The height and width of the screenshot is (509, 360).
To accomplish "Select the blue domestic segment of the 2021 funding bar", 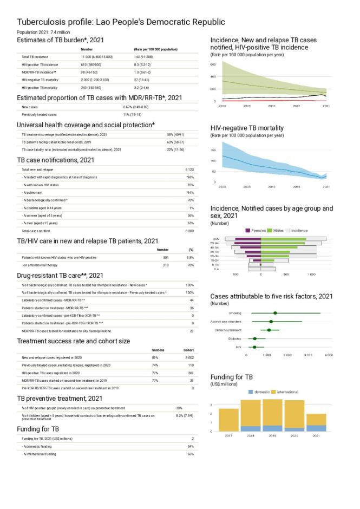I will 316,428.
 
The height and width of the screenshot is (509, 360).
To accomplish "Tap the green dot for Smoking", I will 275,313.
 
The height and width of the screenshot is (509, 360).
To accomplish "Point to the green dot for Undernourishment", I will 269,330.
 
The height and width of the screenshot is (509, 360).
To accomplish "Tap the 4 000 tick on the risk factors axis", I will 328,355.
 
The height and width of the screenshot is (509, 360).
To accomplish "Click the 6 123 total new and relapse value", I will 189,170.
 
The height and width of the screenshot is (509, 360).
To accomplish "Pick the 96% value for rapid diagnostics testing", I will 190,177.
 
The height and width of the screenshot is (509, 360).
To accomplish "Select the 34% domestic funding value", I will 190,446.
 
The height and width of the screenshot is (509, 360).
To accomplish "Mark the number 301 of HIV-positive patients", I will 151,257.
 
